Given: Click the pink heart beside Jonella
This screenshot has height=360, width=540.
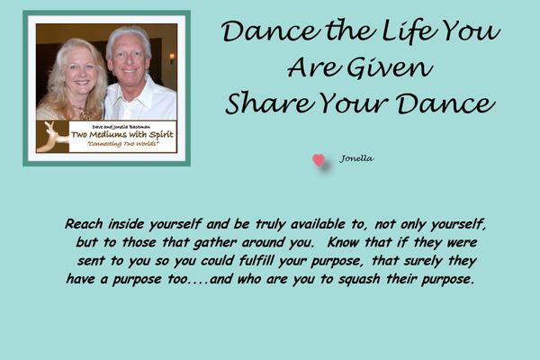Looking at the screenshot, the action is [319, 160].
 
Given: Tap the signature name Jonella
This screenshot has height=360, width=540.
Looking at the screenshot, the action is [356, 158].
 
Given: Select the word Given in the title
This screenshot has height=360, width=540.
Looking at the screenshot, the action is [389, 67].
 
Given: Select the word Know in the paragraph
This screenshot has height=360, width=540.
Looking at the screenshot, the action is [344, 242].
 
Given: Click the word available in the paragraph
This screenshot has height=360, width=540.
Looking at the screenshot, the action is [318, 224].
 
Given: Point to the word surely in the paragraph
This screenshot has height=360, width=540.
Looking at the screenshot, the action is [423, 262].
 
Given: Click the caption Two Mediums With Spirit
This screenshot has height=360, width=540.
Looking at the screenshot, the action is [122, 135].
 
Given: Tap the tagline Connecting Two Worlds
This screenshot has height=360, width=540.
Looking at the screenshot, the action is [123, 144].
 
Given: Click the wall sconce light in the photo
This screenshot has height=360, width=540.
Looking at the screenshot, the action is [172, 58].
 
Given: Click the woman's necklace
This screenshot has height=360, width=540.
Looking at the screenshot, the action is [83, 112].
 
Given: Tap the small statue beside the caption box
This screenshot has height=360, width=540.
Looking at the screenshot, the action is [51, 137].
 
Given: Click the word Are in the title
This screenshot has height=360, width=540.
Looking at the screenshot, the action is [312, 67].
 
